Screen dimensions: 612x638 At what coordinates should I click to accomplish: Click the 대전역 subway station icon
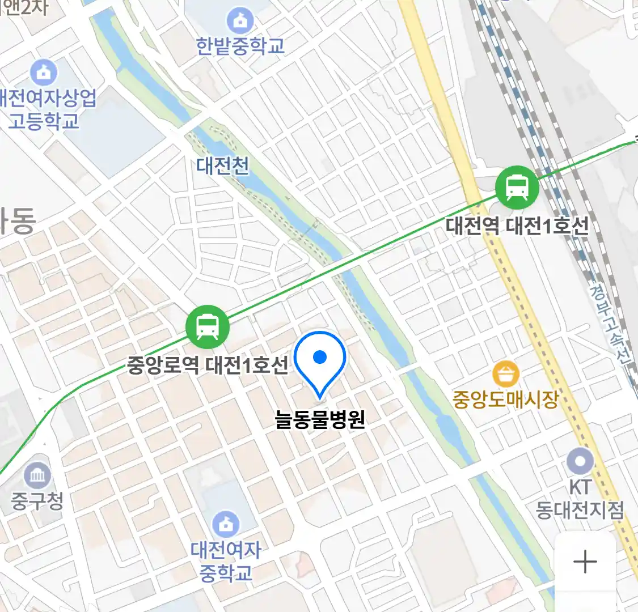(x=517, y=188)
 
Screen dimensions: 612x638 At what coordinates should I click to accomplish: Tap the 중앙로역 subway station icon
(x=208, y=327)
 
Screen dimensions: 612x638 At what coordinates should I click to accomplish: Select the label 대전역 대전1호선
(x=517, y=226)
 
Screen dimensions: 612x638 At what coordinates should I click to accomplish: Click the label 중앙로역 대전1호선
(x=208, y=365)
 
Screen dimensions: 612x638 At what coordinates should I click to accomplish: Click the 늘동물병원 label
(x=320, y=419)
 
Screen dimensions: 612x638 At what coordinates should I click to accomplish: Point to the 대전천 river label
(x=223, y=165)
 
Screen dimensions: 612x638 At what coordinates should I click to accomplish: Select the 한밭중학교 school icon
(x=240, y=21)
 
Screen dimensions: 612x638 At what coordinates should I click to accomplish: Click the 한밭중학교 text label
(x=240, y=46)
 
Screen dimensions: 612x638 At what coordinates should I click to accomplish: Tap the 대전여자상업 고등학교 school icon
(x=44, y=72)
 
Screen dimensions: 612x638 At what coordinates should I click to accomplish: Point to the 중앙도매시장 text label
(x=505, y=399)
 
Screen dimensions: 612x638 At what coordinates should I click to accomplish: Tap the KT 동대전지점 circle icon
(x=580, y=462)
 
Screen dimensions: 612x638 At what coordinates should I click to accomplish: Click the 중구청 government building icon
(x=37, y=475)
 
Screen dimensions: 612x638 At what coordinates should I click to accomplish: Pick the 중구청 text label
(x=37, y=501)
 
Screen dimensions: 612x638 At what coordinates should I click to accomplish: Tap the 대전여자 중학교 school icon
(x=226, y=524)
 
